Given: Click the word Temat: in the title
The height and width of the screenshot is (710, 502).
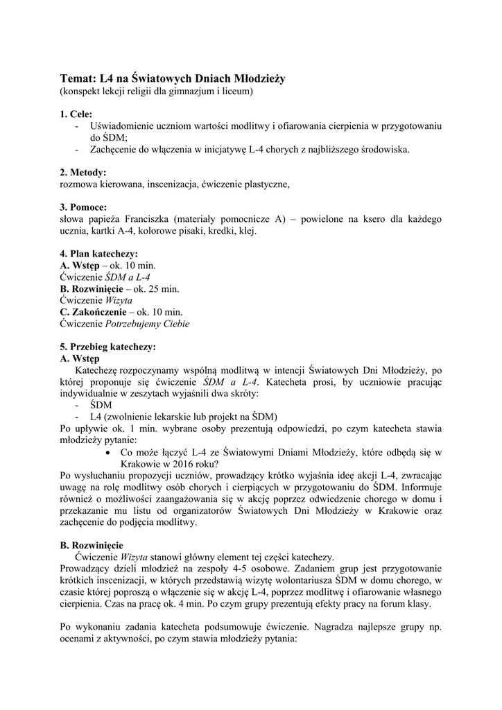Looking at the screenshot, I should point(78,79).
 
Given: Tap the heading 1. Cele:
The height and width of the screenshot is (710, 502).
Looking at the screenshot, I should point(76,114).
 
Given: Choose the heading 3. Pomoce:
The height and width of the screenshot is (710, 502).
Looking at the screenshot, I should point(84,207).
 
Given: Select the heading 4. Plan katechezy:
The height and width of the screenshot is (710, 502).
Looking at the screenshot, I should point(98,254).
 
